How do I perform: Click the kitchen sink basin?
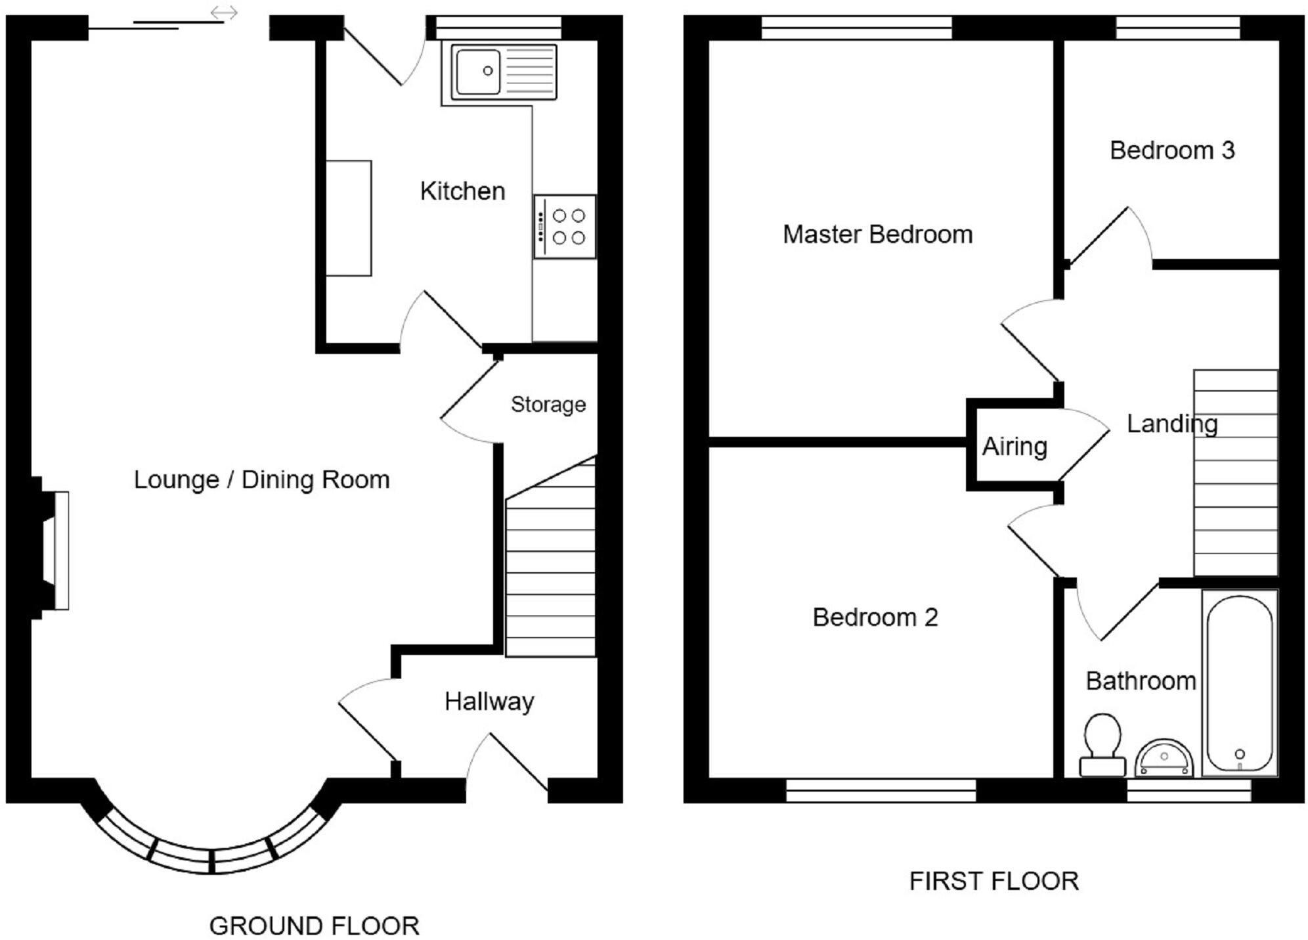(478, 70)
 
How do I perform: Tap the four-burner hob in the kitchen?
(565, 227)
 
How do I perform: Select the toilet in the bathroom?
(1101, 745)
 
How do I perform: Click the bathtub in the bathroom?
(1239, 683)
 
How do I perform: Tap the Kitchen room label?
(462, 191)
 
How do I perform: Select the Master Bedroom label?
(877, 235)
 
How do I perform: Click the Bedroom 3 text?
(1172, 150)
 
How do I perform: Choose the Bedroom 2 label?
(875, 617)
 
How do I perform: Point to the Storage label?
(548, 405)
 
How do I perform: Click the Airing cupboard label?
(1014, 447)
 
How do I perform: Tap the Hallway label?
(489, 702)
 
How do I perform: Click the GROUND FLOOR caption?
(314, 926)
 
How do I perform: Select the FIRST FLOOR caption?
(993, 881)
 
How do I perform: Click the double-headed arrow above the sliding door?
(224, 12)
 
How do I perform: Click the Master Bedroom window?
(856, 28)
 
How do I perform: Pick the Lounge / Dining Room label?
(261, 480)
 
